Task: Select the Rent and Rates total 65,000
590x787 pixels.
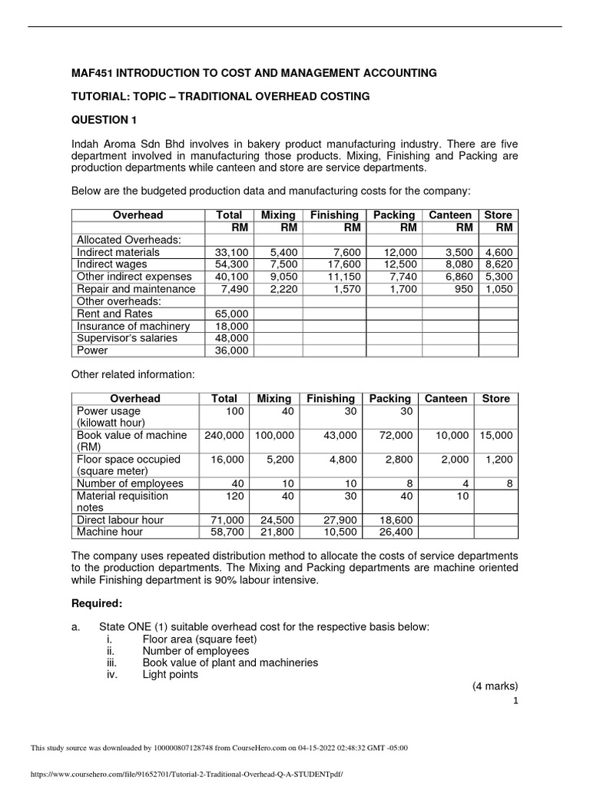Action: pyautogui.click(x=231, y=314)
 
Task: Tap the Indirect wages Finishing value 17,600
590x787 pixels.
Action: pyautogui.click(x=343, y=264)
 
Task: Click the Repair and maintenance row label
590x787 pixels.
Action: pyautogui.click(x=135, y=289)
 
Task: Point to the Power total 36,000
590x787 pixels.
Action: pyautogui.click(x=231, y=350)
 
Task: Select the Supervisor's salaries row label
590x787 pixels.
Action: pyautogui.click(x=127, y=338)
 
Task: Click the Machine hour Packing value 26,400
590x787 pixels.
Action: pyautogui.click(x=397, y=532)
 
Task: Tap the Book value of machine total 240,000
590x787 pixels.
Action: pyautogui.click(x=225, y=435)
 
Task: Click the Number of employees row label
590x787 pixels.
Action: pyautogui.click(x=130, y=483)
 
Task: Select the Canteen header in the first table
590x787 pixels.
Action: pyautogui.click(x=449, y=215)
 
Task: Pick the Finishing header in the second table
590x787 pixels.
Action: pyautogui.click(x=330, y=398)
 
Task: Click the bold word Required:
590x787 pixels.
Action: pyautogui.click(x=96, y=603)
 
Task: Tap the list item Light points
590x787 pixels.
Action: pyautogui.click(x=170, y=674)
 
